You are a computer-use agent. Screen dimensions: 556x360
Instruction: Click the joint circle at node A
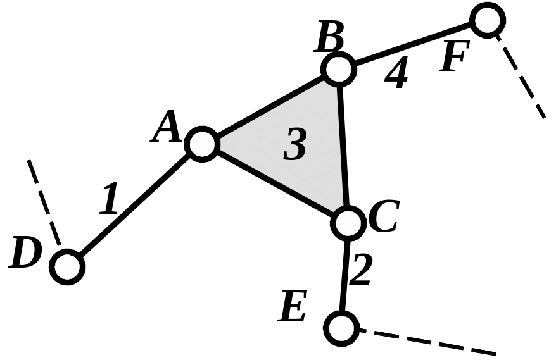pos(203,144)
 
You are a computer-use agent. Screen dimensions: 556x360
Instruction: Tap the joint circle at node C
pos(347,222)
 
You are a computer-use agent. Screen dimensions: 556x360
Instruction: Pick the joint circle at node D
pos(68,266)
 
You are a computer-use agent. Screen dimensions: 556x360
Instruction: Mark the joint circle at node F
pos(488,20)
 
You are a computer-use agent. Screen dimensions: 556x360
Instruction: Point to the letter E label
pos(294,309)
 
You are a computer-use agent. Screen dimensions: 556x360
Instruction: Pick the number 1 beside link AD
pos(110,199)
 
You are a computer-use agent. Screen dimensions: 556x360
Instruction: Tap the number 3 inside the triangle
pos(294,144)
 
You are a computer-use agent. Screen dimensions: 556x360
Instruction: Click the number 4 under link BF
pos(396,75)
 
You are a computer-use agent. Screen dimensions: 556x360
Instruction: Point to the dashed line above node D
pos(44,201)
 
